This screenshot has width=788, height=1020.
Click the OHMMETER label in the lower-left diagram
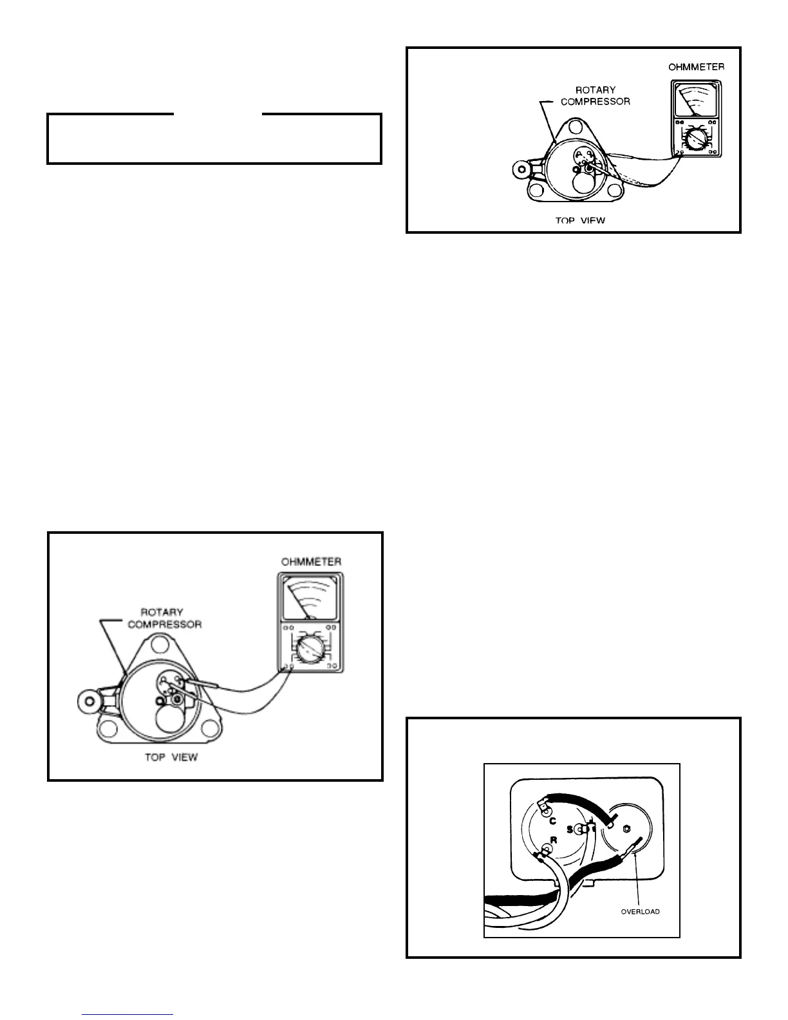[311, 562]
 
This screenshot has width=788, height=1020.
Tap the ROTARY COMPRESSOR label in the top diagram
[596, 95]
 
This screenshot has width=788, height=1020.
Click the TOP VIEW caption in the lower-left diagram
[171, 757]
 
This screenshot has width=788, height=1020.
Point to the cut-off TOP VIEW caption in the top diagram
[581, 221]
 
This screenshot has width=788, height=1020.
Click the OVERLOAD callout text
[640, 911]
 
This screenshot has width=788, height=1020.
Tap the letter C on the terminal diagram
[552, 820]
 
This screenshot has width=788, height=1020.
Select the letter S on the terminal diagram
[570, 829]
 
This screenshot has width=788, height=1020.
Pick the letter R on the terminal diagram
[553, 840]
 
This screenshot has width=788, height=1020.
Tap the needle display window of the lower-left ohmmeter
[311, 598]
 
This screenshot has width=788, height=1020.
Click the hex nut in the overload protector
[628, 827]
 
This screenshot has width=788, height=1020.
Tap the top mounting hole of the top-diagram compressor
[576, 129]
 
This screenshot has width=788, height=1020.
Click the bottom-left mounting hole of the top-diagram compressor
[536, 190]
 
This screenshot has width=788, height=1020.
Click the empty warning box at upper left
[214, 139]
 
